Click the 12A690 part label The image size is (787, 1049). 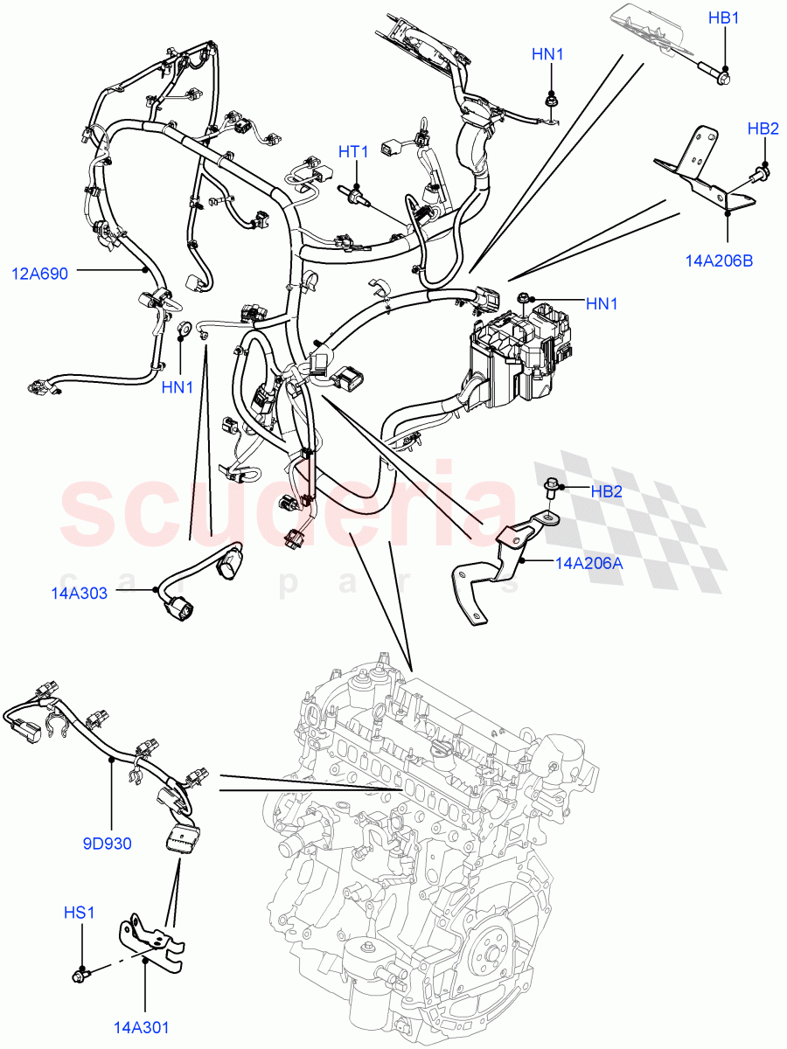[38, 273]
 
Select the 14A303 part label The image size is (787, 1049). [78, 594]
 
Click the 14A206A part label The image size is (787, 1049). [589, 564]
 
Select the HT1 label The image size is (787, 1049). [353, 152]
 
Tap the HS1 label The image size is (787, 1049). [79, 913]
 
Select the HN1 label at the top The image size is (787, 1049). [547, 55]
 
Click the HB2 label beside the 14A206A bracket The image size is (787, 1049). [606, 491]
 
